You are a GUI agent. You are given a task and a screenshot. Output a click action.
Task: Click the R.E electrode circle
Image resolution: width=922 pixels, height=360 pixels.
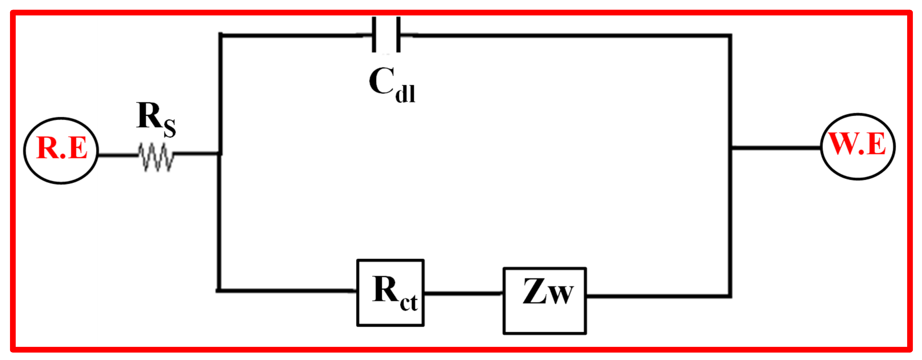click(61, 151)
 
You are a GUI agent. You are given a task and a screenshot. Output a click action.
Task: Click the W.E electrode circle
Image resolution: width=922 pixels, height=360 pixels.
click(858, 147)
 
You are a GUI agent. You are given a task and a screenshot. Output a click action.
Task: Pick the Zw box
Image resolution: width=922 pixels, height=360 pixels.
click(544, 301)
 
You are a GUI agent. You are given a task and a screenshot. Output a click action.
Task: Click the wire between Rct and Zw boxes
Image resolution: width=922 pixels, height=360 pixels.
click(463, 293)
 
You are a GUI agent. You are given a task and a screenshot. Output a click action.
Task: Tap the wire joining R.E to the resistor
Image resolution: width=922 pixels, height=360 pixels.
click(118, 155)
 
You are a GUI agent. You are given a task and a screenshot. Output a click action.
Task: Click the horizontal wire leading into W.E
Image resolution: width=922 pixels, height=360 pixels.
click(775, 147)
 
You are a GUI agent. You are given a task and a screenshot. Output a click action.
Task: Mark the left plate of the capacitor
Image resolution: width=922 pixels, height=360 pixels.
click(374, 35)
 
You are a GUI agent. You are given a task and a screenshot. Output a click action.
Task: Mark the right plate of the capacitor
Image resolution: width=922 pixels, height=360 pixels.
click(398, 35)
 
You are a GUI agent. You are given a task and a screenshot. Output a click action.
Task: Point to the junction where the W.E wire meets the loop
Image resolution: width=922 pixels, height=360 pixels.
click(730, 147)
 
